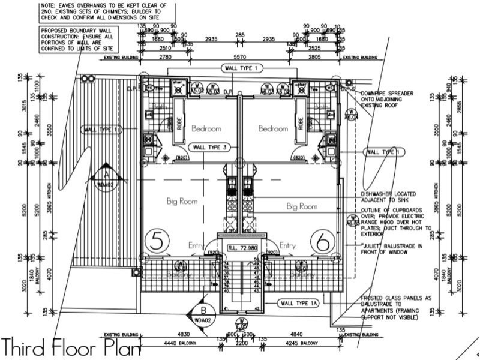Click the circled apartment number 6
coord(322,242)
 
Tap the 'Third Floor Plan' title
coord(71,348)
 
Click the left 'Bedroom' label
coord(206,128)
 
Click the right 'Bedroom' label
coord(274,128)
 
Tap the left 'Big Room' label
coord(182,202)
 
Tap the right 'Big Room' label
coord(302,206)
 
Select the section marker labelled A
coord(106,175)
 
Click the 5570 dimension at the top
coord(241,57)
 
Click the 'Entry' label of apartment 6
coord(287,245)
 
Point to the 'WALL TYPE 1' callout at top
coord(241,68)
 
